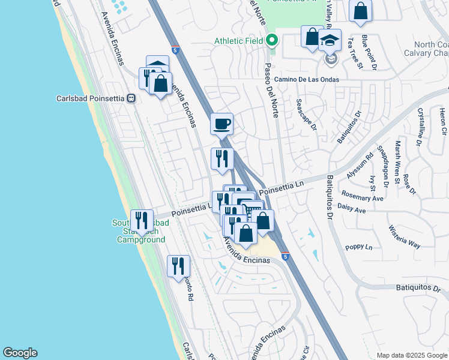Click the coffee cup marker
coord(221,124)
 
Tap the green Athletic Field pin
coord(272,41)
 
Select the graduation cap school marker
coord(330,41)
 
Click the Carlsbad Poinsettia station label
coord(90,98)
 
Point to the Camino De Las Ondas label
coord(307,79)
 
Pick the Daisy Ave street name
coord(352,211)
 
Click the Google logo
coord(20,353)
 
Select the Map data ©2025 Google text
coord(411,355)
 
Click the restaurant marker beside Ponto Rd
coord(178,266)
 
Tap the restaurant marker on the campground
coord(142,220)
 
